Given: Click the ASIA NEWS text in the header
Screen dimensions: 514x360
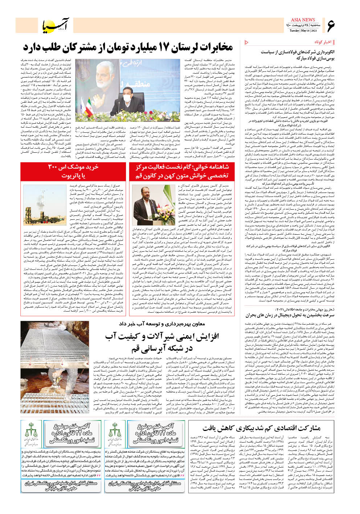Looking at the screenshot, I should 303,20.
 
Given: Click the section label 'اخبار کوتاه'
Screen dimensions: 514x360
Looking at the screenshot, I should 323,42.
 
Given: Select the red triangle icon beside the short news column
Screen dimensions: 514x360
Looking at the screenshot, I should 247,42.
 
